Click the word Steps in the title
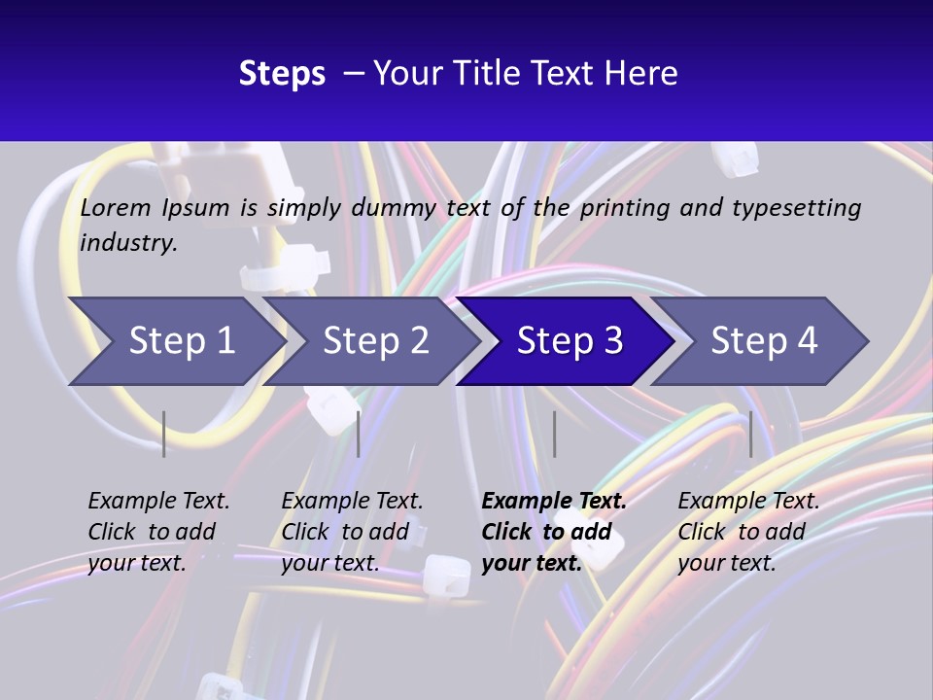point(282,74)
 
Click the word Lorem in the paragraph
point(116,208)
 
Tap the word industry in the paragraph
point(127,243)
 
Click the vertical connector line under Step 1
point(164,434)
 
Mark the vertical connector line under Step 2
point(359,434)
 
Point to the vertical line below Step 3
point(554,434)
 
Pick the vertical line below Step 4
point(750,434)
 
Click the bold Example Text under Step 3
point(554,502)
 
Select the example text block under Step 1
point(158,532)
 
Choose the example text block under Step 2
point(352,532)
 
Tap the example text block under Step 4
point(748,532)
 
